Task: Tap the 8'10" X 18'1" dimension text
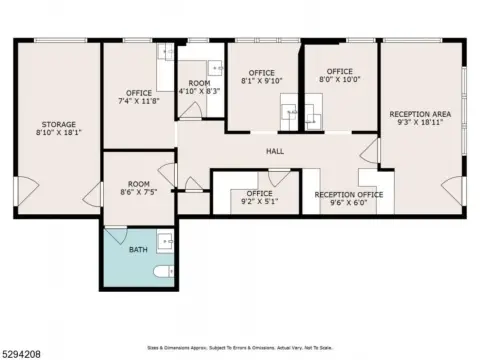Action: pos(58,131)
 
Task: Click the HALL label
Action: pos(274,151)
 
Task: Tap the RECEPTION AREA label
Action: pos(420,114)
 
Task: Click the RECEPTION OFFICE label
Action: pos(349,194)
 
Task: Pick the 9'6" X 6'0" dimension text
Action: pos(349,203)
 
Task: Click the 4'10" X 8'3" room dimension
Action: pos(199,91)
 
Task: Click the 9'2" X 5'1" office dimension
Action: pos(259,202)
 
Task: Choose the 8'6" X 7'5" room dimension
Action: pos(138,193)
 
